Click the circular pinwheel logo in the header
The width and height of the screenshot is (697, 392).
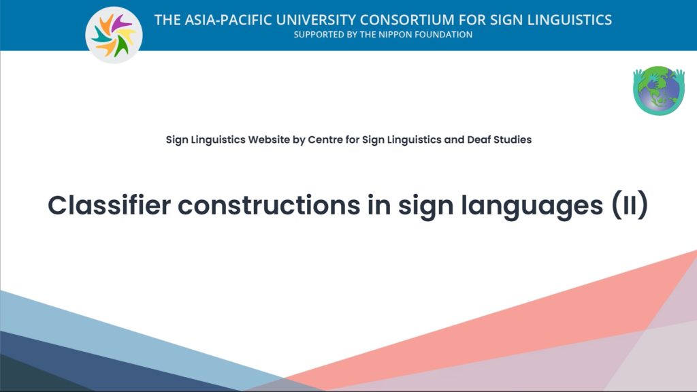(x=114, y=35)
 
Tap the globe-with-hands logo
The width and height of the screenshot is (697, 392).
(x=659, y=91)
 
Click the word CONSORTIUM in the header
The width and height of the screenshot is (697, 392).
(x=407, y=20)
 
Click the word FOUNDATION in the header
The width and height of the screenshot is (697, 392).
(x=444, y=35)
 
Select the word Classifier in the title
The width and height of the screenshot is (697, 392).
(x=110, y=206)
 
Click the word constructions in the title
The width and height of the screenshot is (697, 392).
(x=269, y=206)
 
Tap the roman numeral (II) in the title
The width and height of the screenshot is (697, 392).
(x=630, y=206)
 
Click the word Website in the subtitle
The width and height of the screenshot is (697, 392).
(x=269, y=140)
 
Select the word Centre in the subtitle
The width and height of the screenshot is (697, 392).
(x=325, y=140)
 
